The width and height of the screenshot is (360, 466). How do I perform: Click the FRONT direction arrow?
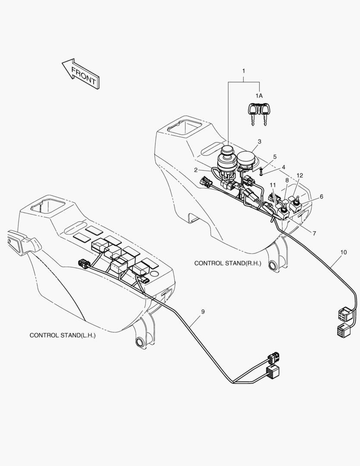click(x=81, y=74)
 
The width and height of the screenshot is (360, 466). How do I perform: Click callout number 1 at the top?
click(x=244, y=70)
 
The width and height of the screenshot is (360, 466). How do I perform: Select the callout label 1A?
click(x=259, y=95)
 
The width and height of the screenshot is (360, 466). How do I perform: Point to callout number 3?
click(x=260, y=142)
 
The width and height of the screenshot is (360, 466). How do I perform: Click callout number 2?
click(x=195, y=170)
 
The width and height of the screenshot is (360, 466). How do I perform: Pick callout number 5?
click(x=275, y=157)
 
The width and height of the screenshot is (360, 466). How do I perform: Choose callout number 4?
click(x=283, y=167)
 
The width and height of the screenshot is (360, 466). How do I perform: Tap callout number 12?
click(x=300, y=176)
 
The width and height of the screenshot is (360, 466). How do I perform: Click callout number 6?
click(x=321, y=196)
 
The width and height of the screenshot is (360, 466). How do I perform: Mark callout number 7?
click(x=314, y=233)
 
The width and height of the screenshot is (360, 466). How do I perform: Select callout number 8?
click(x=287, y=180)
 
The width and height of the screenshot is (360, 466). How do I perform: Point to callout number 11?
click(x=272, y=185)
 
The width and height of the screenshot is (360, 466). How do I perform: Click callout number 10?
click(x=343, y=252)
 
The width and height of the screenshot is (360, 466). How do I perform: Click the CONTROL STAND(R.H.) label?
click(x=228, y=263)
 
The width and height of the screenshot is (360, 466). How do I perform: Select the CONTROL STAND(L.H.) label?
click(x=62, y=335)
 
